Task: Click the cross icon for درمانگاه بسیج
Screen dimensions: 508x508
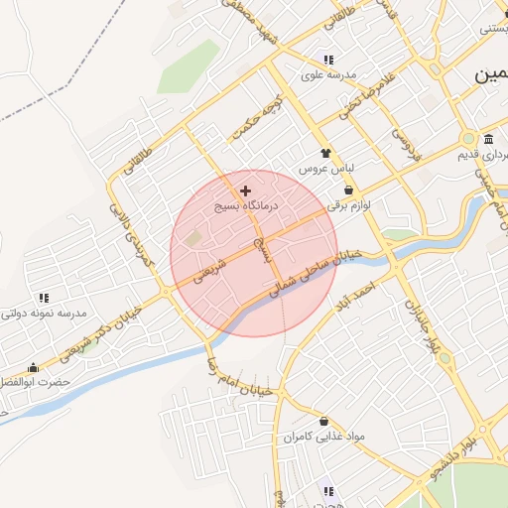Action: tap(245, 190)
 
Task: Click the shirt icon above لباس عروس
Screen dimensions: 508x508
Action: tap(325, 153)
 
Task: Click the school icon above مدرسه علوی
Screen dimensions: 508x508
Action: tap(329, 59)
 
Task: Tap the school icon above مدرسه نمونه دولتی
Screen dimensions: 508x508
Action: tap(44, 297)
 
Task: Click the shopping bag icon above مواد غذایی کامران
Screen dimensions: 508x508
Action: tap(323, 421)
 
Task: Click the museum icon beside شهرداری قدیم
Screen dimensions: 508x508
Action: tap(489, 139)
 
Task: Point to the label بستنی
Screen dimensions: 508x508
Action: tap(495, 29)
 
